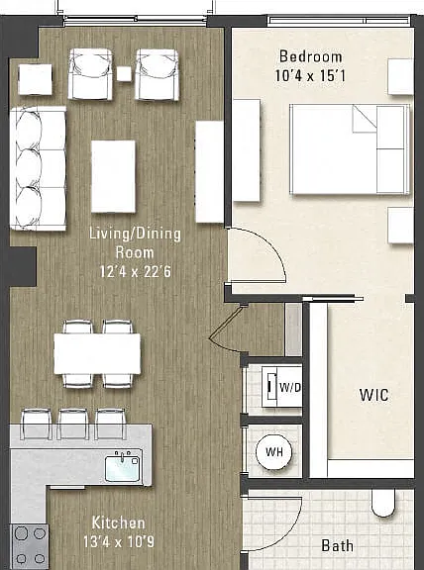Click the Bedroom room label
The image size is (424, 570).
310,56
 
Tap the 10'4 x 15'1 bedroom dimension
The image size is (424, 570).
310,75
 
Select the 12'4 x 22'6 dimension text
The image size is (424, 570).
135,271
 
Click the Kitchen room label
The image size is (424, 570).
118,522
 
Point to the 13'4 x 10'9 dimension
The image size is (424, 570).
118,541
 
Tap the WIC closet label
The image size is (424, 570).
373,395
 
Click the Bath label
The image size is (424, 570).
338,545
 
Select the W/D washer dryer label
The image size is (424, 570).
289,388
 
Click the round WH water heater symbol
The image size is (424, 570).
273,452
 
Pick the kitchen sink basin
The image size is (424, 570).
123,469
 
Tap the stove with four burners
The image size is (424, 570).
29,546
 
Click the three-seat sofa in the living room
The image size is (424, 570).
39,168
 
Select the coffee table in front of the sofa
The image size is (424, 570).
113,176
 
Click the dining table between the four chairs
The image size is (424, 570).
97,353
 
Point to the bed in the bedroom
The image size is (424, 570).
350,149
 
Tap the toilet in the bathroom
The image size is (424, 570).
382,503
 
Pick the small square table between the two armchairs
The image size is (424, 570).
124,74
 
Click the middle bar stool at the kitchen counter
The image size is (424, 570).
72,424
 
